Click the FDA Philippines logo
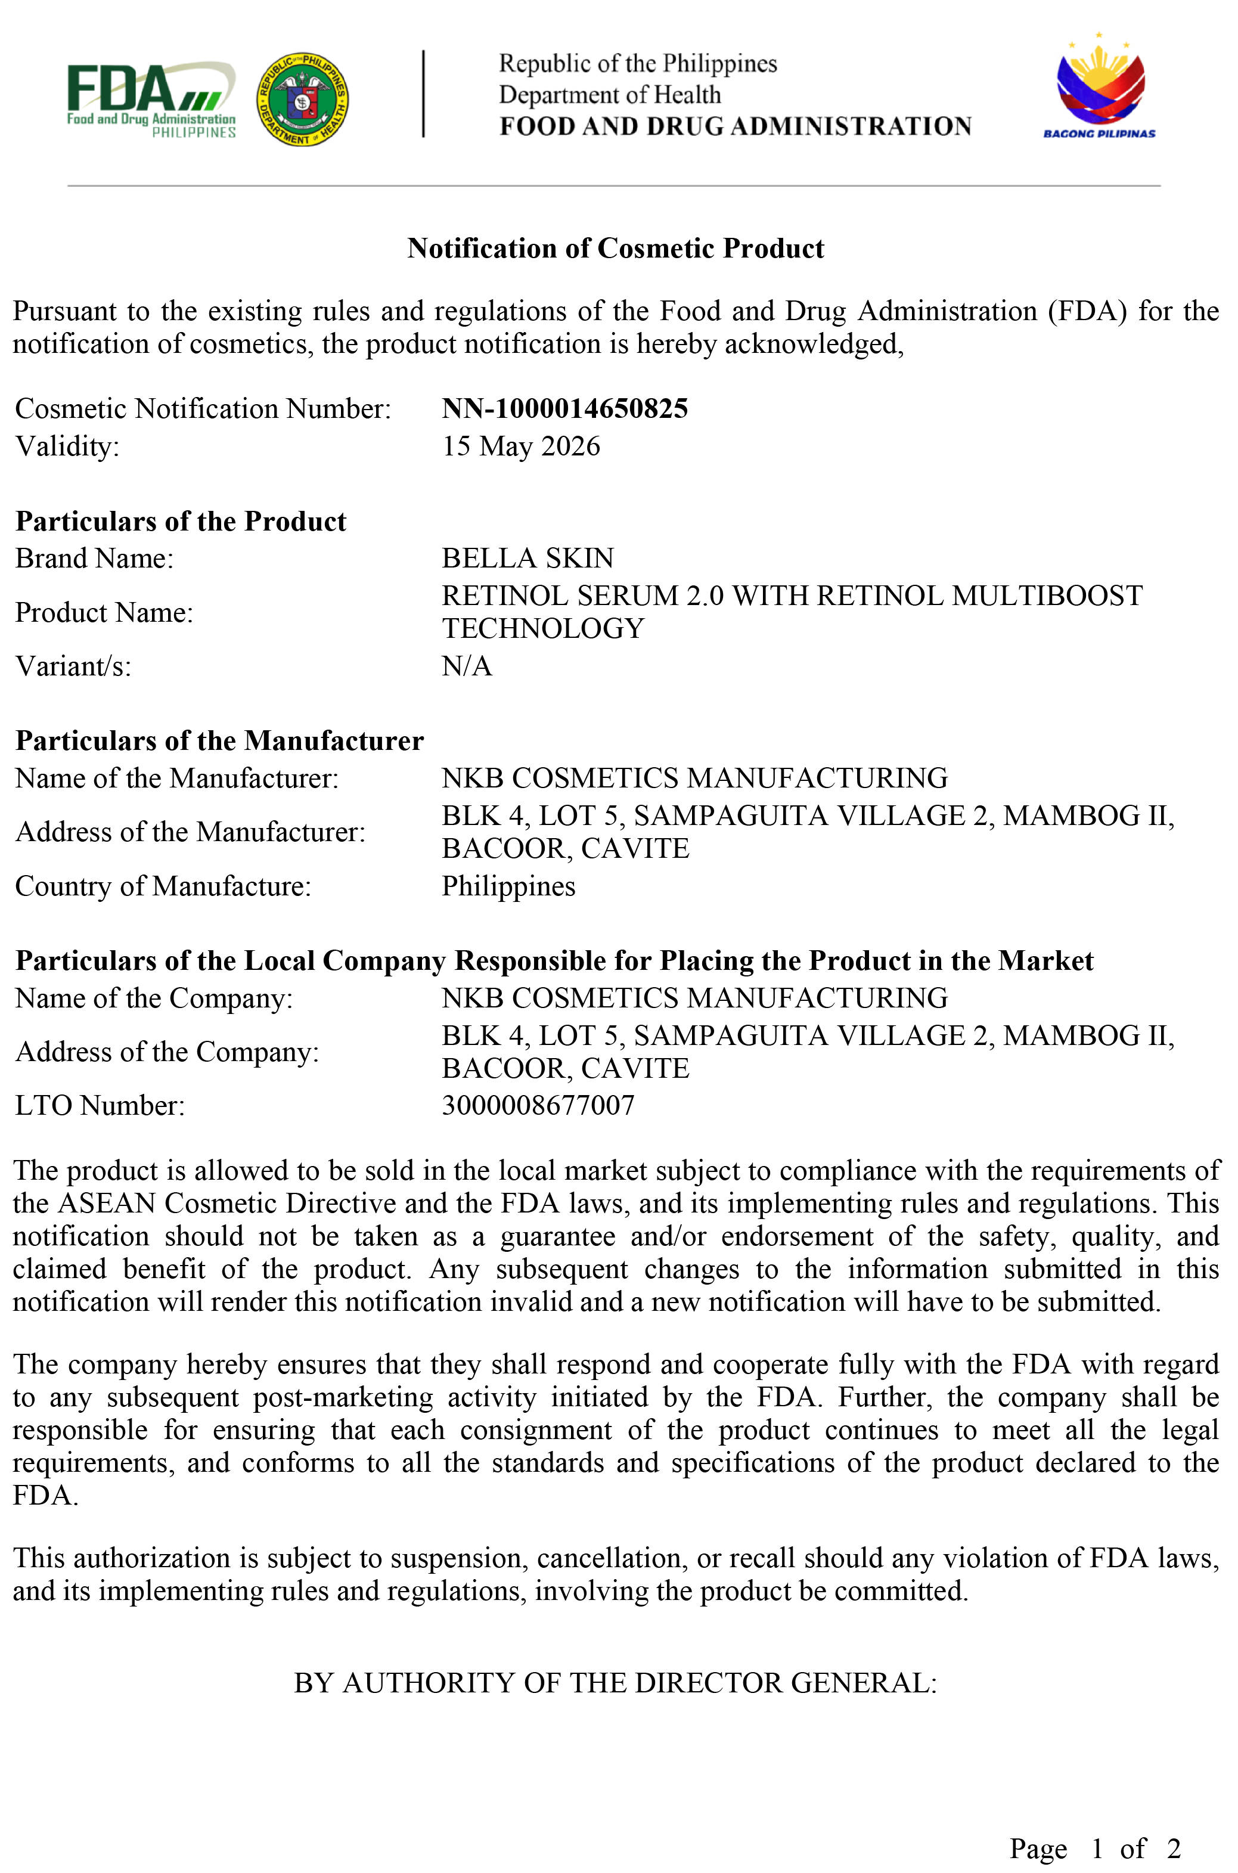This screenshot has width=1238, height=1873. click(151, 100)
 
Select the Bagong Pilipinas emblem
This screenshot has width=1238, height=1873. click(1099, 88)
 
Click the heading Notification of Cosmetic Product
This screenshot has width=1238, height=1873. click(615, 248)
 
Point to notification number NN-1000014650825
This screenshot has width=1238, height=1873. click(564, 408)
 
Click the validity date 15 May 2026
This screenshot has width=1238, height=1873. click(520, 446)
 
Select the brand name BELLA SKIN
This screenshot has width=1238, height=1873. click(528, 559)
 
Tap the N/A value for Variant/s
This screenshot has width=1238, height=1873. click(467, 666)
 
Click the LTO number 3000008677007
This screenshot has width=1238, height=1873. click(538, 1105)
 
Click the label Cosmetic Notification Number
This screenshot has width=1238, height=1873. click(203, 408)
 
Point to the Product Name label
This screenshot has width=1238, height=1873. click(104, 613)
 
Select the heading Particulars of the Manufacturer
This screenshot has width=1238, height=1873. click(219, 740)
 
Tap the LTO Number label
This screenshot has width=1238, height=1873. click(100, 1105)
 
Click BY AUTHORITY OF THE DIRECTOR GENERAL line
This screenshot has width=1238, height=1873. click(615, 1683)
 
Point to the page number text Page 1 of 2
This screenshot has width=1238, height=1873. click(1094, 1849)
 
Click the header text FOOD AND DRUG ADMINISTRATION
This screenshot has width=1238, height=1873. click(735, 126)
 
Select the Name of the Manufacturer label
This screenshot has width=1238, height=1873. click(177, 779)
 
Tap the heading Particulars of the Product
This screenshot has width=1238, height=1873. click(181, 521)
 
